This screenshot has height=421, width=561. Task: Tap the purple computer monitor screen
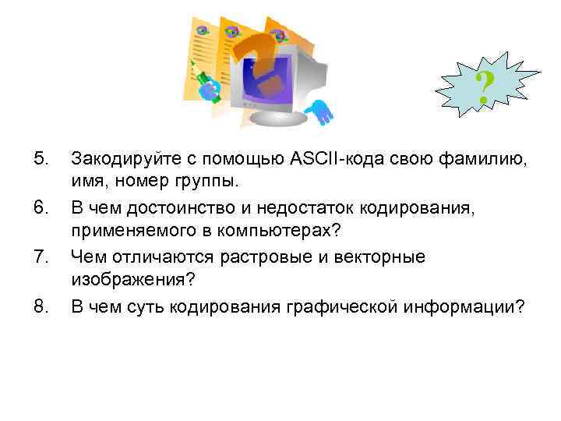pyautogui.click(x=269, y=78)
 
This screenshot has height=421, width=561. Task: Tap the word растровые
pyautogui.click(x=249, y=256)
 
